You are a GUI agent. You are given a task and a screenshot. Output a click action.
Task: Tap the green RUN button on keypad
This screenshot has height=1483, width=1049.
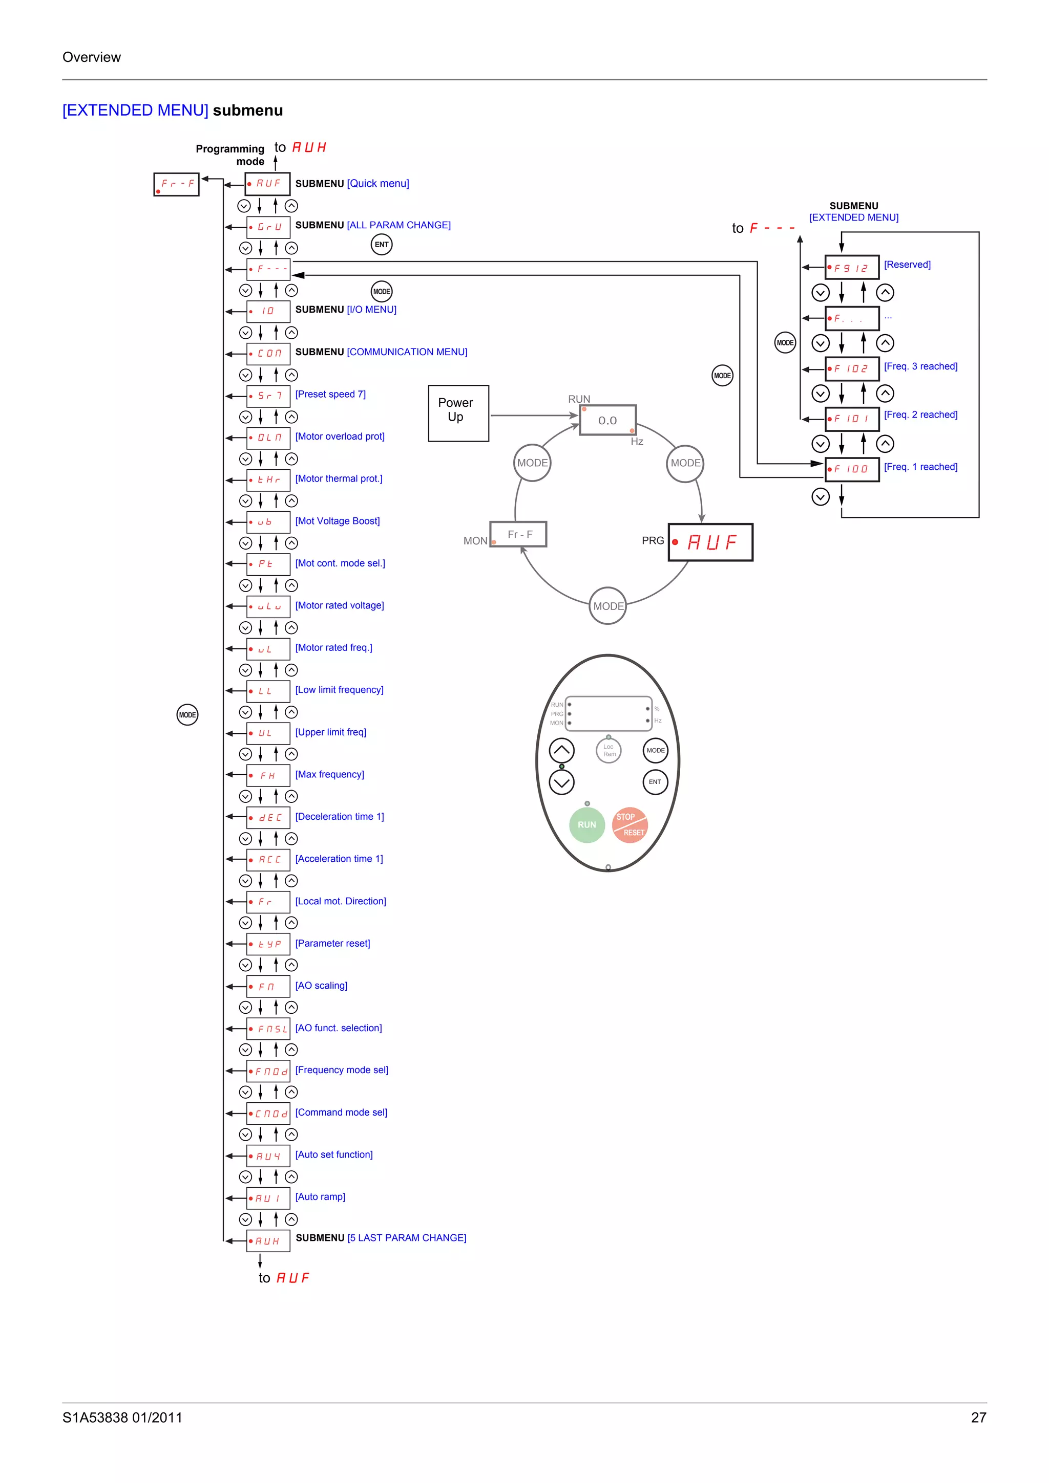pos(586,824)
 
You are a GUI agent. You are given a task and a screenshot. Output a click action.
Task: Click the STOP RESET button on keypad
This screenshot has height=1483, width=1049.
pos(629,824)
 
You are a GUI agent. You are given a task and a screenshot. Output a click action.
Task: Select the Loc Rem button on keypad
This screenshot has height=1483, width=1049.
pos(607,751)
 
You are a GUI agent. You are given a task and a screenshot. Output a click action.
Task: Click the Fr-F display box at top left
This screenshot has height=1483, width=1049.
pos(176,184)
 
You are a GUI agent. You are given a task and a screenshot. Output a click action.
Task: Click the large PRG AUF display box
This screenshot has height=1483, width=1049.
pos(710,542)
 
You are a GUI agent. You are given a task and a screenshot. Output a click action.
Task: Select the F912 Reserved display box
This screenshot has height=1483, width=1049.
pos(851,268)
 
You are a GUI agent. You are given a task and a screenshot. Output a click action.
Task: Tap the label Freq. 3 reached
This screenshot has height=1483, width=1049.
pos(920,366)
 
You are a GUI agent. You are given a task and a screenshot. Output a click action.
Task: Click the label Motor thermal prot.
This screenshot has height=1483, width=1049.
pos(339,478)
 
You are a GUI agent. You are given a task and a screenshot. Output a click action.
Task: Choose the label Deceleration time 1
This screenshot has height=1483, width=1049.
pos(339,816)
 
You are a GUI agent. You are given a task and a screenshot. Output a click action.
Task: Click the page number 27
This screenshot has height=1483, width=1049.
pos(978,1417)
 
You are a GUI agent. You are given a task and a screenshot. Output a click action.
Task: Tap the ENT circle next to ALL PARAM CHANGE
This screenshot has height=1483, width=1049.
pos(381,244)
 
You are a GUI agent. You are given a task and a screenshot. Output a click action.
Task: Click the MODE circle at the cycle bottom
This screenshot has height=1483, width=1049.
pos(607,606)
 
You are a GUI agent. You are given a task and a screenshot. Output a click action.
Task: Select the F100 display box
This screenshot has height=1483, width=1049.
pos(851,469)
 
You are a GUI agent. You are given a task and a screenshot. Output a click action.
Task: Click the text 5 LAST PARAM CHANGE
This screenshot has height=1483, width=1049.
pos(407,1237)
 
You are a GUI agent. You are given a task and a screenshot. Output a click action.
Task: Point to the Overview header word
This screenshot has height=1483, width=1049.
pos(91,57)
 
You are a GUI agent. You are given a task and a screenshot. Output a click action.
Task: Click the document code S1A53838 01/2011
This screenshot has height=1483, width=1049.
pos(122,1417)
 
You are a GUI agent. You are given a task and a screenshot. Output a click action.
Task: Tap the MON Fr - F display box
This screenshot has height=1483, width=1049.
pos(518,534)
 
